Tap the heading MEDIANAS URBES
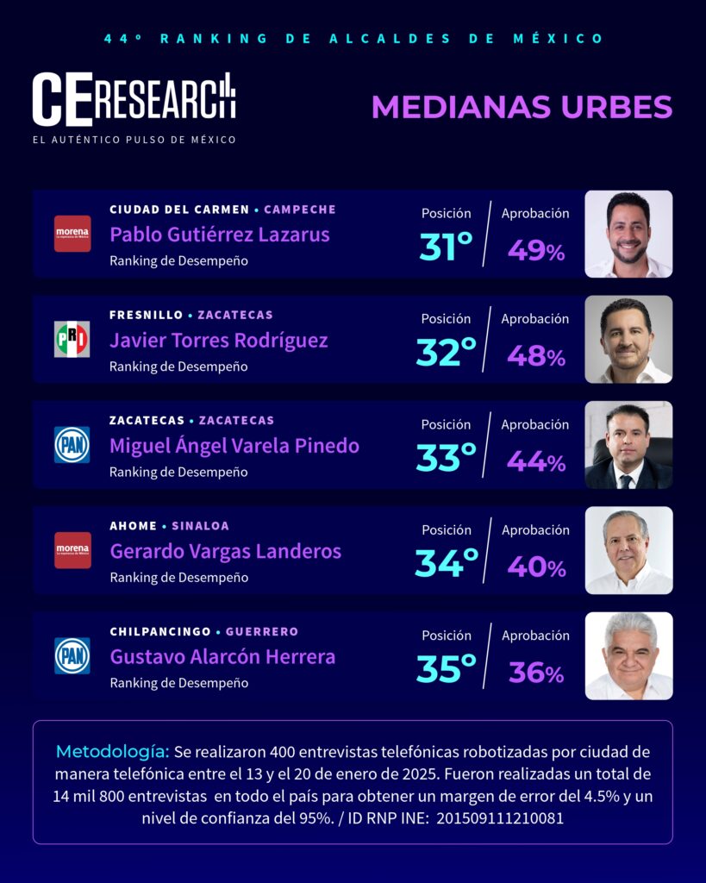click(x=521, y=107)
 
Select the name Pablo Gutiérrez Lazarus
click(x=219, y=235)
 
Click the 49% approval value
click(x=535, y=250)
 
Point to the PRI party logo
click(x=72, y=340)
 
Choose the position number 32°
click(x=446, y=353)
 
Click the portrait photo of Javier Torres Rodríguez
click(x=628, y=340)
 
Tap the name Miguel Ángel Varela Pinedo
click(x=234, y=446)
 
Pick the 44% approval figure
click(x=535, y=461)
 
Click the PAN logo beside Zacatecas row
click(x=72, y=445)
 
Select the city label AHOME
click(x=133, y=526)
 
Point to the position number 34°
click(x=446, y=564)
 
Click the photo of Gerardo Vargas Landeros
click(x=628, y=550)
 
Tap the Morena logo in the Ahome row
click(x=72, y=550)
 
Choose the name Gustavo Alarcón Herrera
click(x=222, y=657)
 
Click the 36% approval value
click(x=535, y=673)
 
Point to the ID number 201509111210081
click(x=500, y=818)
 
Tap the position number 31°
click(x=446, y=247)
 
